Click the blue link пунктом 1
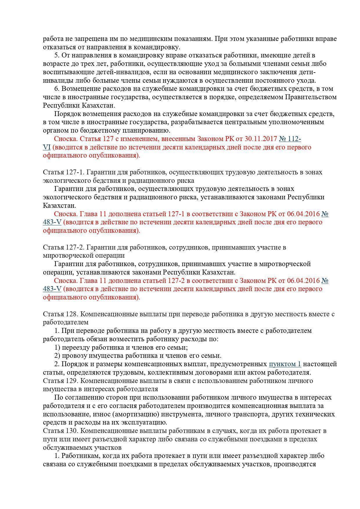coord(285,364)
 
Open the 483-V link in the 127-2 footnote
coord(52,289)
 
